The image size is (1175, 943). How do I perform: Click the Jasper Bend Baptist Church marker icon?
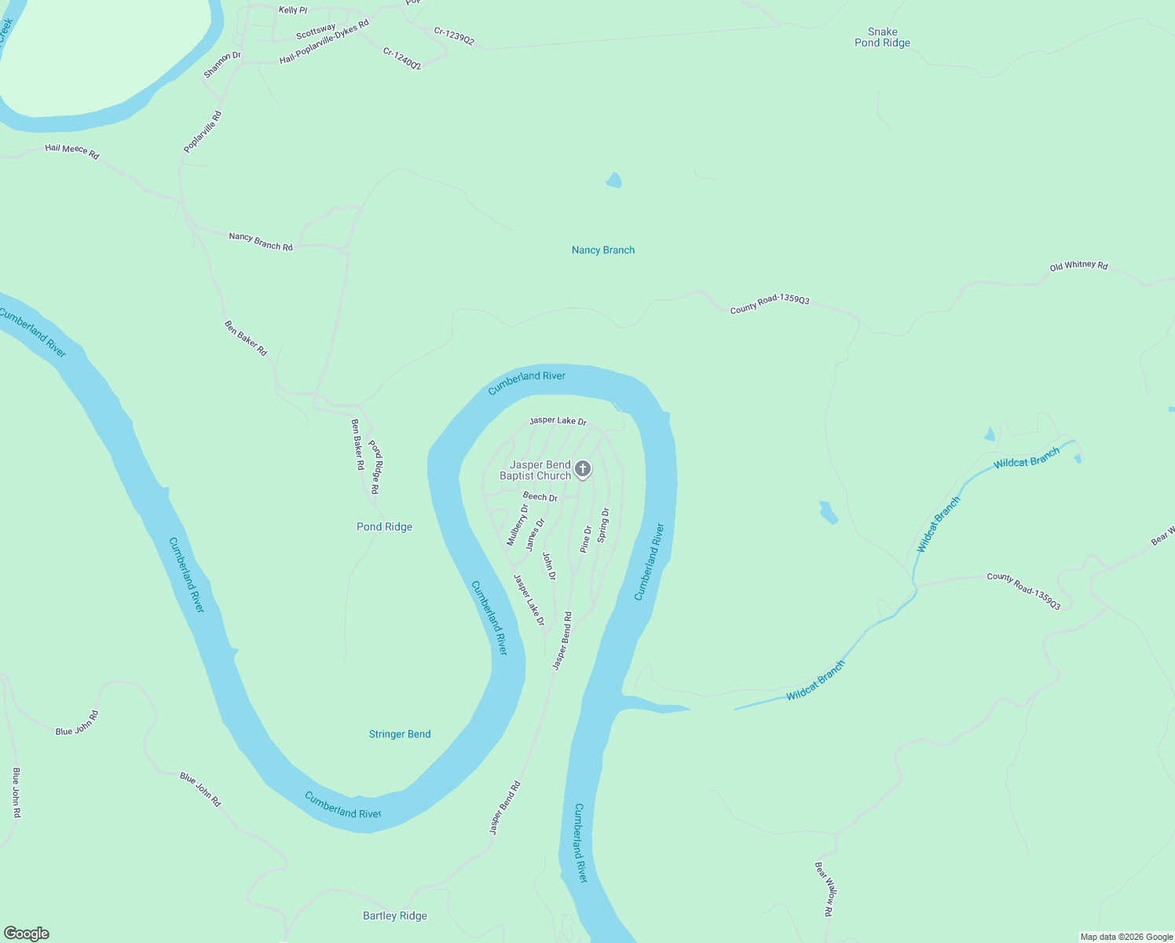pyautogui.click(x=582, y=469)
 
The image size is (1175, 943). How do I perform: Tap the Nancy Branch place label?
pyautogui.click(x=603, y=250)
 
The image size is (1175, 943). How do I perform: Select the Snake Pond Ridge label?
pyautogui.click(x=882, y=38)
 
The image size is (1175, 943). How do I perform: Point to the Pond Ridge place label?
pyautogui.click(x=384, y=527)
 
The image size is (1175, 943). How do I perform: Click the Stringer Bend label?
pyautogui.click(x=400, y=734)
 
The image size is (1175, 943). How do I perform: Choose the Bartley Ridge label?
pyautogui.click(x=395, y=915)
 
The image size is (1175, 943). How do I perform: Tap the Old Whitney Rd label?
pyautogui.click(x=1078, y=266)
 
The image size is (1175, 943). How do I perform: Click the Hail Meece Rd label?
pyautogui.click(x=72, y=151)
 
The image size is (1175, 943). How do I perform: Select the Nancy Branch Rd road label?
pyautogui.click(x=261, y=241)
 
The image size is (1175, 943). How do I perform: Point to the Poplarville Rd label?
pyautogui.click(x=203, y=132)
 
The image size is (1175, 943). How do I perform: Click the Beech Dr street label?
pyautogui.click(x=540, y=497)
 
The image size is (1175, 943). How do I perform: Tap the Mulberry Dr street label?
pyautogui.click(x=518, y=525)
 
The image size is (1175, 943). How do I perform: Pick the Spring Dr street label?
pyautogui.click(x=603, y=525)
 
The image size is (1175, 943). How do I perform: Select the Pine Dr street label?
pyautogui.click(x=586, y=539)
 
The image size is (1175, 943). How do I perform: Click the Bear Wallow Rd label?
pyautogui.click(x=823, y=889)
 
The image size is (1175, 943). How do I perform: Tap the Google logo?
pyautogui.click(x=26, y=934)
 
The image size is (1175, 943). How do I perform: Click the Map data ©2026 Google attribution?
pyautogui.click(x=1126, y=937)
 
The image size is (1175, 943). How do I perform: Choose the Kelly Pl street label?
pyautogui.click(x=293, y=10)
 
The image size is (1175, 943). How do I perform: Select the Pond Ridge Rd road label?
pyautogui.click(x=375, y=466)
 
